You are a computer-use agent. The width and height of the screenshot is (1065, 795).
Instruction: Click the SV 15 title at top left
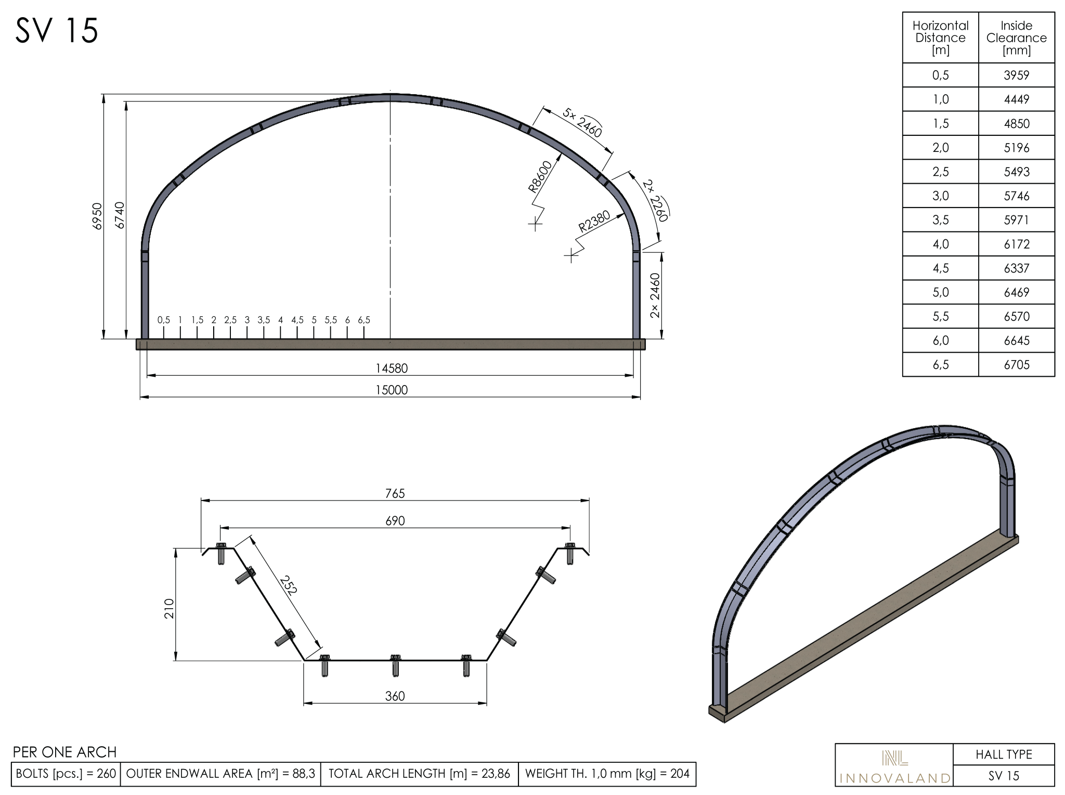point(57,31)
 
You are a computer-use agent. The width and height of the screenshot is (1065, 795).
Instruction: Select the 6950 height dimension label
point(97,216)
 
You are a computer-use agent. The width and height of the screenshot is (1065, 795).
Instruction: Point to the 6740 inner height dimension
point(120,215)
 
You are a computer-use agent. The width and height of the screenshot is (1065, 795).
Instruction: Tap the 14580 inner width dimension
point(392,368)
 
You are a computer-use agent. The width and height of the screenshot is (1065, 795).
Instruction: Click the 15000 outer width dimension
point(392,390)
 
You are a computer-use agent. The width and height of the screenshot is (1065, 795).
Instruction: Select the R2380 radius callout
point(594,222)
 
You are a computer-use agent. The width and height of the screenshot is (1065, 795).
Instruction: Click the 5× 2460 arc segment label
point(583,123)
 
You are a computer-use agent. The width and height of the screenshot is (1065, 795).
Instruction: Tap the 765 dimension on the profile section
point(395,493)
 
